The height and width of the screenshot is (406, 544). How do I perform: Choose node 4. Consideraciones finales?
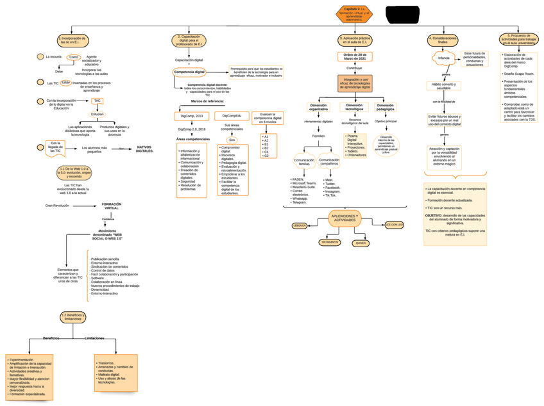point(443,40)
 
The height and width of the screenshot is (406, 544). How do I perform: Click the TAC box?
point(97,101)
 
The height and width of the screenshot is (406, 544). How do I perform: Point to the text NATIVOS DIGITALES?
point(144,149)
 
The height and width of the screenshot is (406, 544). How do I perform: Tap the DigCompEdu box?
point(232,116)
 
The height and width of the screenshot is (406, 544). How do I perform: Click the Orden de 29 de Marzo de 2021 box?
point(353,57)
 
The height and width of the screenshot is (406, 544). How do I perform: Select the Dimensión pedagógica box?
point(386,107)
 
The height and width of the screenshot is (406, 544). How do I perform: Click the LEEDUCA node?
point(300,225)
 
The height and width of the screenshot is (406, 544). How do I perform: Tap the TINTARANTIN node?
point(330,242)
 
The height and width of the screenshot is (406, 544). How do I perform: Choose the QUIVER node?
point(361,243)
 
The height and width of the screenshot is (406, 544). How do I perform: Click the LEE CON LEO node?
point(395,225)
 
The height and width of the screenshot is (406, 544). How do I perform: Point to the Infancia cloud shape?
point(443,58)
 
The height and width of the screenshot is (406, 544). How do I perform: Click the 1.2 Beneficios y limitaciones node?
point(73,317)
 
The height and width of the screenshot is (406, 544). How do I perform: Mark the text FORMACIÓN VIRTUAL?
point(111,207)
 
